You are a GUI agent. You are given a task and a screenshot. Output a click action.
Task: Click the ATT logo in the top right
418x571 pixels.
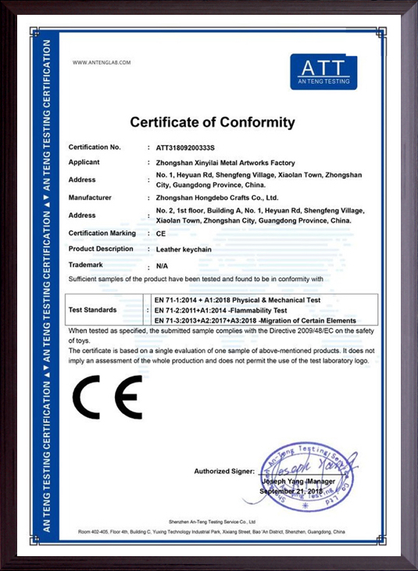[323, 72]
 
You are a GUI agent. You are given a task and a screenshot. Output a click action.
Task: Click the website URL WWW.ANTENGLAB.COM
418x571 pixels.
[102, 62]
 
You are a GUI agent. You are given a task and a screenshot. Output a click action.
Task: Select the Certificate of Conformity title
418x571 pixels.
[213, 123]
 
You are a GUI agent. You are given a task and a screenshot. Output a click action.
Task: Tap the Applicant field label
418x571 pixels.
[84, 162]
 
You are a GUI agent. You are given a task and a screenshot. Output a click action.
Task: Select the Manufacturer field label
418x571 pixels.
[90, 198]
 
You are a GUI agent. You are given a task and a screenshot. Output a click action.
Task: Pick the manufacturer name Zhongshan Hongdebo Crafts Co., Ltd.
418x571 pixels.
[217, 198]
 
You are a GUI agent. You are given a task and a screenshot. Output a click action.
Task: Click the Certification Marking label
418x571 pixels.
[102, 233]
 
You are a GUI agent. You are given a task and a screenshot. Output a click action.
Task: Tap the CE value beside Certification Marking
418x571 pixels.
[161, 234]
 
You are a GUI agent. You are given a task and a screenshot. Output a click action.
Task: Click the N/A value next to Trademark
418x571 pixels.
[163, 266]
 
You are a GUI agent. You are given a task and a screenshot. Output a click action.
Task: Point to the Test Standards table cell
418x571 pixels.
[93, 310]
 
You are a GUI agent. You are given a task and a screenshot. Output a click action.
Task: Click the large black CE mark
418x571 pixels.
[107, 397]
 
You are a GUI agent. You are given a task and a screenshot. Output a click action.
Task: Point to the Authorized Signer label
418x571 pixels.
[224, 472]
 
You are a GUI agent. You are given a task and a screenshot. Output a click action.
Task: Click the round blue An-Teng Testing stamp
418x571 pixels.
[307, 476]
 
